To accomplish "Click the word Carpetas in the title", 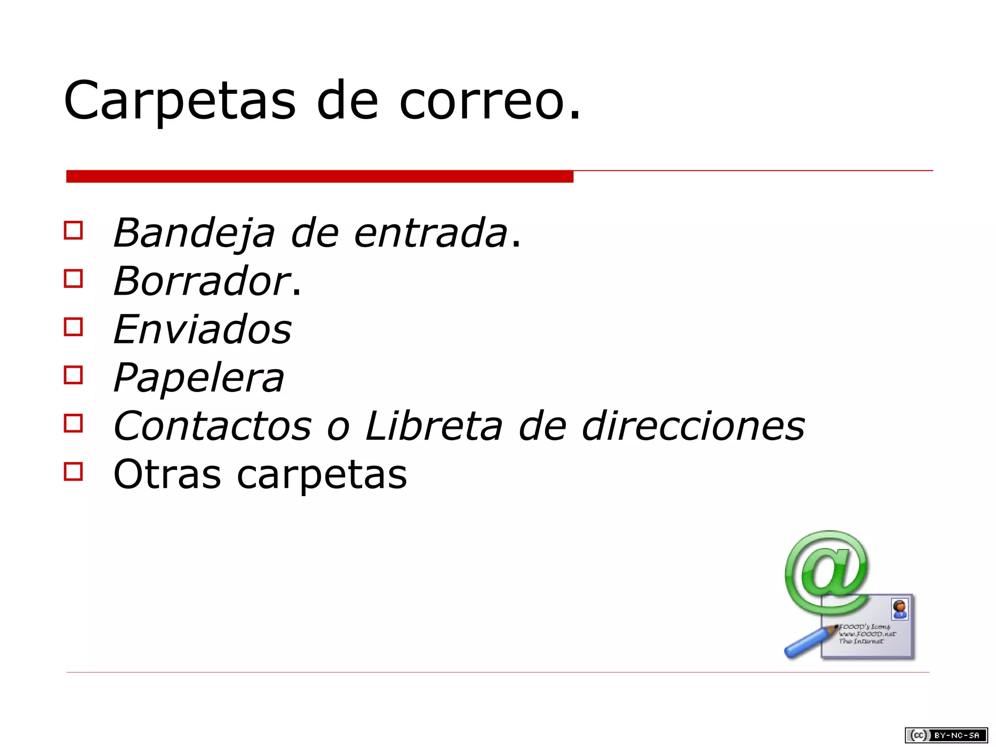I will [179, 101].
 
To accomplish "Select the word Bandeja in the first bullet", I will [194, 233].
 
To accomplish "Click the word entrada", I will [431, 233].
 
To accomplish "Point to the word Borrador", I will [202, 281].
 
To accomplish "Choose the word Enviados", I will [202, 329].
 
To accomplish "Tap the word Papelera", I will [198, 378].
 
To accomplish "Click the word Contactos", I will [212, 426].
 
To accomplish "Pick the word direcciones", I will [693, 426].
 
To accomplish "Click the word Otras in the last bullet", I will [167, 474].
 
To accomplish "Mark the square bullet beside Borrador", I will [73, 279].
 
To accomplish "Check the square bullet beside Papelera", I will [73, 375].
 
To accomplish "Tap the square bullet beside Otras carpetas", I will [73, 471].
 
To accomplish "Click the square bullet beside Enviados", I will [73, 327].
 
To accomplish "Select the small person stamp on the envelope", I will [899, 609].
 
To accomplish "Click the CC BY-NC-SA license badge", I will [946, 735].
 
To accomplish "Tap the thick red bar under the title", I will [320, 177].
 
